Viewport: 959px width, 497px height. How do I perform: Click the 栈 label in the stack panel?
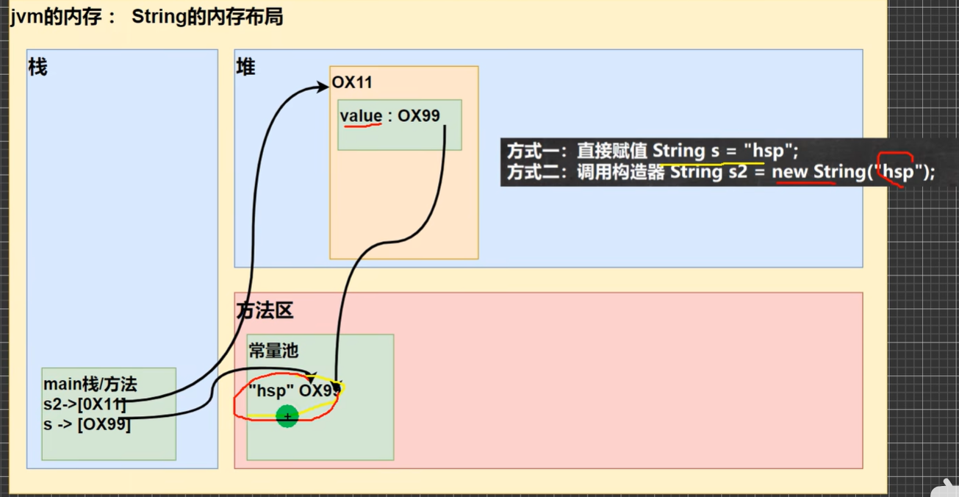(37, 68)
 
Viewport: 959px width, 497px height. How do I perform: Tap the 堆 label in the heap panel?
(245, 68)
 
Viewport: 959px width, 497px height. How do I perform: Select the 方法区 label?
(265, 311)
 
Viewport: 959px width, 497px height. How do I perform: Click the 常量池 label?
(273, 351)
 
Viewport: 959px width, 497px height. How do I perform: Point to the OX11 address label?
(353, 83)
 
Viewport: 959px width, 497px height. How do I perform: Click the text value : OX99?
(389, 116)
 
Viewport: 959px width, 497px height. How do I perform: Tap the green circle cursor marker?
(287, 417)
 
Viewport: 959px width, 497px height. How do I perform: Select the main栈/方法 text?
(90, 385)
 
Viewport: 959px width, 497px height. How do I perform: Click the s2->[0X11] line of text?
(85, 404)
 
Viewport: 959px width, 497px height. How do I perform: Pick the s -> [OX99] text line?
(87, 423)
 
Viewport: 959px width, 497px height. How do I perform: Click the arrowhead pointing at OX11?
(323, 87)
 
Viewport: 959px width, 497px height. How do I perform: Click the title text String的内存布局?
(207, 18)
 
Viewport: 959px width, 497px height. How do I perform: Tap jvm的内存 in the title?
(57, 18)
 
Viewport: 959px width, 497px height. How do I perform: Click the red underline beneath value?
(361, 126)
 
